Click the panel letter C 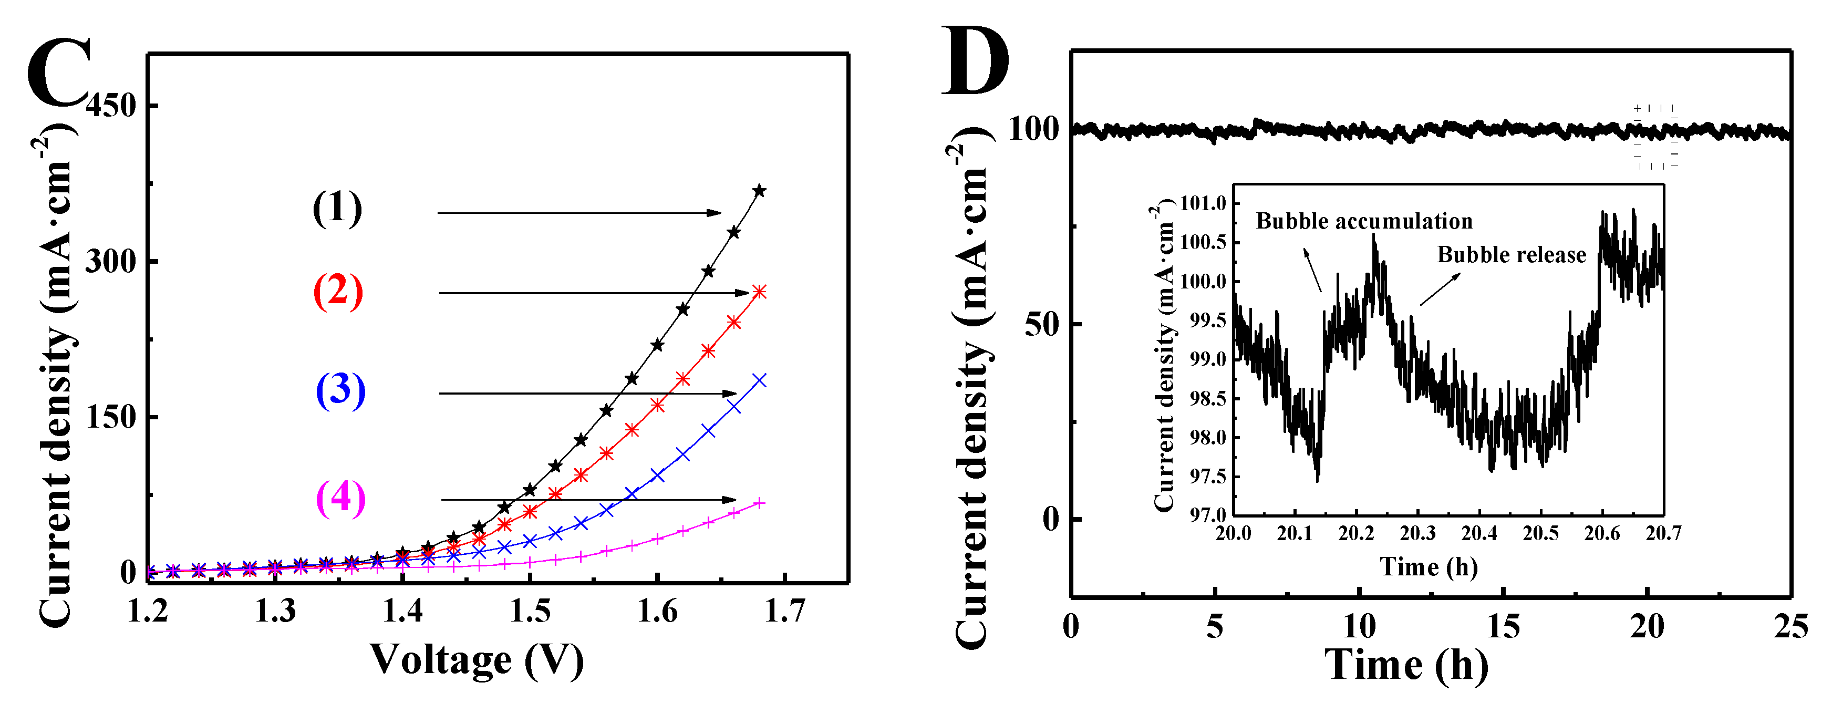[x=58, y=73]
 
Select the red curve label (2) [x=338, y=291]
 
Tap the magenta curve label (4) [x=340, y=498]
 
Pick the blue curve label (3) [x=340, y=390]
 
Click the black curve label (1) [x=337, y=209]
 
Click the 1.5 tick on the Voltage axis [x=530, y=611]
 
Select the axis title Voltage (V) [x=477, y=659]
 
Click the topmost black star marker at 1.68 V [x=760, y=191]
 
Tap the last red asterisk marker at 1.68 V [x=760, y=292]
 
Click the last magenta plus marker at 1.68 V [x=760, y=503]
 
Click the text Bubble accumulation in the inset [x=1364, y=221]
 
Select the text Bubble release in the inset [x=1512, y=255]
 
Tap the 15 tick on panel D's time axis [x=1503, y=627]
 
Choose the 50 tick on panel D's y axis [x=1042, y=325]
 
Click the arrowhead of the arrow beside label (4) [x=730, y=500]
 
